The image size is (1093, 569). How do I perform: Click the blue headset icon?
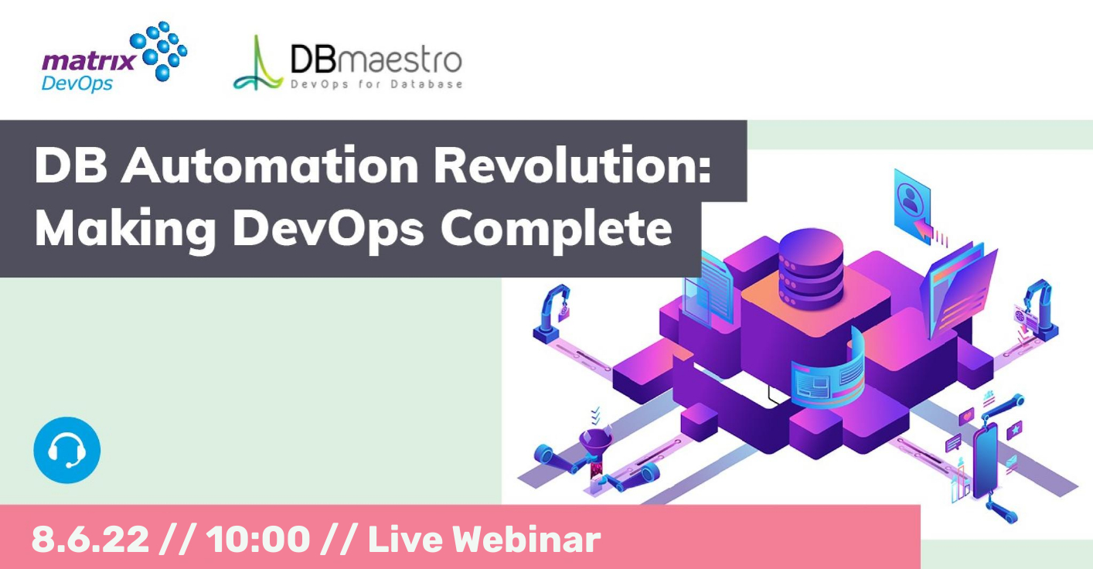67,450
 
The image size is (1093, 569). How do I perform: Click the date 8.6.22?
90,540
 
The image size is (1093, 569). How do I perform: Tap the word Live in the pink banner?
399,540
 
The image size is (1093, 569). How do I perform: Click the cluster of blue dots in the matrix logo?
160,50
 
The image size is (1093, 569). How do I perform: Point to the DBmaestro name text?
376,59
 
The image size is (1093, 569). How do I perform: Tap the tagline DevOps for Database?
376,84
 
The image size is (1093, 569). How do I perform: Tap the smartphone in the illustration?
984,461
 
